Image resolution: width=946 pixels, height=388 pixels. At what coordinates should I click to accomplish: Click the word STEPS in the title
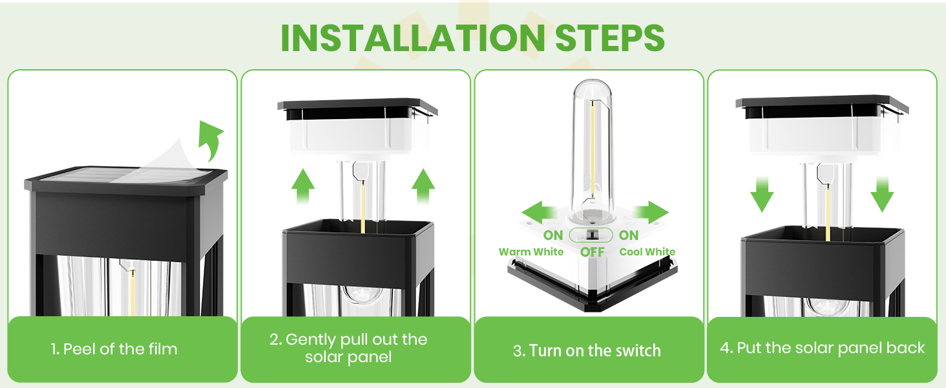click(610, 38)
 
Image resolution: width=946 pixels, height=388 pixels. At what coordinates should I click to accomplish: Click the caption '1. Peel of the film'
click(114, 349)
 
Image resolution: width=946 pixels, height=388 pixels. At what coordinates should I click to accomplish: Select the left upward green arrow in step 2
click(302, 188)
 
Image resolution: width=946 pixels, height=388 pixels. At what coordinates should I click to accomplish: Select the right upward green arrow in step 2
click(423, 188)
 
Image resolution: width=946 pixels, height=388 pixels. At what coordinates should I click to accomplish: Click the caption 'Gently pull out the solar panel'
click(348, 349)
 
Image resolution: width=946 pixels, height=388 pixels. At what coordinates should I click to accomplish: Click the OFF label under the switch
click(592, 252)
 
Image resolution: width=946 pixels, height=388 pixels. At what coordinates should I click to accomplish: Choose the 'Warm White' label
click(531, 252)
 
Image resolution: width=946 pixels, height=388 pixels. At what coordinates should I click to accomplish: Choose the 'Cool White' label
click(647, 252)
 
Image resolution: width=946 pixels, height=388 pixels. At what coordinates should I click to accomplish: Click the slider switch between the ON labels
click(591, 235)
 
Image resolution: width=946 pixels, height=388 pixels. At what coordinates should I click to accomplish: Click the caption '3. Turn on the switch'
click(587, 351)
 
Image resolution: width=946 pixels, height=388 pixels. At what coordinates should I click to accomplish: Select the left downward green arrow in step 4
click(762, 192)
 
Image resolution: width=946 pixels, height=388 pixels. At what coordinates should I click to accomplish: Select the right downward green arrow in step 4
click(882, 192)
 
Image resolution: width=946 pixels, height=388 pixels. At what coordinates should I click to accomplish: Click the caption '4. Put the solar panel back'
click(822, 348)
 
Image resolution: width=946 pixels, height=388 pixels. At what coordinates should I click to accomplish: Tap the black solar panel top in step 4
click(821, 104)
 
